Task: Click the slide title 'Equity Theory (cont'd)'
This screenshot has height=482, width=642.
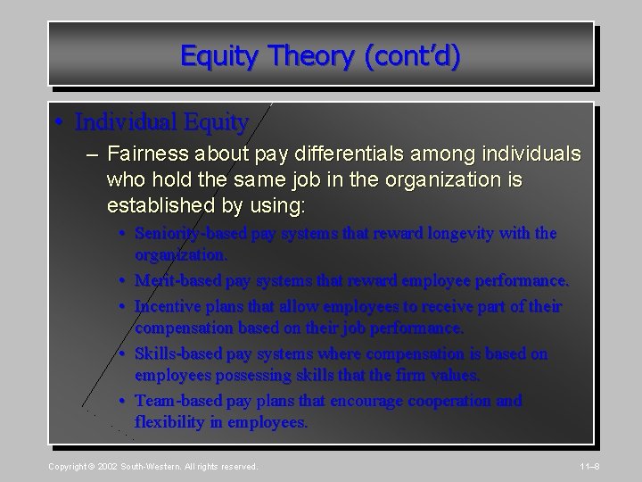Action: click(321, 55)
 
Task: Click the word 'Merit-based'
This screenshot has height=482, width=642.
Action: click(176, 280)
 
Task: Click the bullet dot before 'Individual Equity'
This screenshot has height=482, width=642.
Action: click(58, 120)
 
